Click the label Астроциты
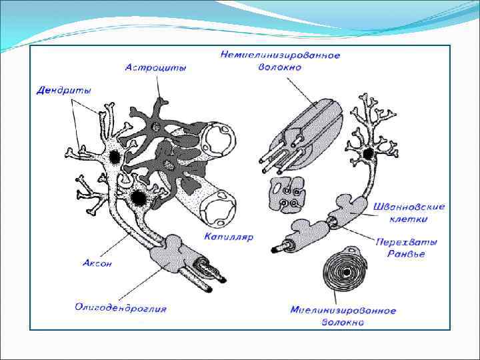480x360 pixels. (x=155, y=67)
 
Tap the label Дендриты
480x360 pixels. (x=63, y=90)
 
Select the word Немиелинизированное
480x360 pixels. (x=280, y=55)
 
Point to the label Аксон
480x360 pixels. (x=97, y=263)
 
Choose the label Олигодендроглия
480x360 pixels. (x=121, y=308)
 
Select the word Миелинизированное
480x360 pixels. (x=343, y=311)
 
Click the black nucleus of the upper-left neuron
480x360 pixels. (x=115, y=157)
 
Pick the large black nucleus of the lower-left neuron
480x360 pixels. (x=138, y=198)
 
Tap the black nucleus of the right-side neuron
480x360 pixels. (x=369, y=155)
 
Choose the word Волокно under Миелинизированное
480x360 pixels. (x=343, y=323)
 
